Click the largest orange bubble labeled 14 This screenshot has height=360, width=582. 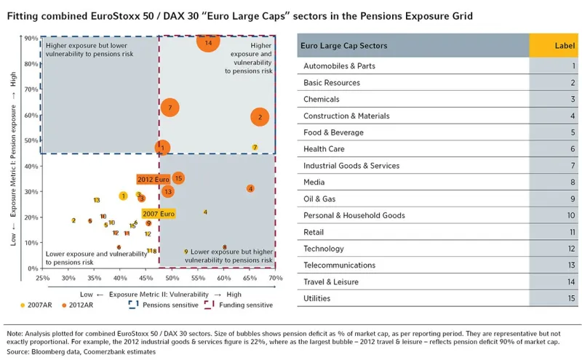pyautogui.click(x=208, y=43)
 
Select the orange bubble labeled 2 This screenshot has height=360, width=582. pyautogui.click(x=260, y=116)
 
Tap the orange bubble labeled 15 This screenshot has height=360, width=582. pyautogui.click(x=178, y=178)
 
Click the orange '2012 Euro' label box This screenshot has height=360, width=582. pyautogui.click(x=153, y=179)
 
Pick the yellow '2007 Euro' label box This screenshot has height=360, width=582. pyautogui.click(x=159, y=214)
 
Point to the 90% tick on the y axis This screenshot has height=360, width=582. pyautogui.click(x=31, y=38)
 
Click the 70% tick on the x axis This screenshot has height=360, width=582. pyautogui.click(x=276, y=278)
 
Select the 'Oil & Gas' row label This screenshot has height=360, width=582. pyautogui.click(x=324, y=199)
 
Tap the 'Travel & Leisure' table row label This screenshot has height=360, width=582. pyautogui.click(x=333, y=281)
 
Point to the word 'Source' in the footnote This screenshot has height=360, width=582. pyautogui.click(x=17, y=351)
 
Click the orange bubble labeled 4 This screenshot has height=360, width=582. pyautogui.click(x=250, y=188)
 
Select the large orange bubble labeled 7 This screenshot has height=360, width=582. pyautogui.click(x=170, y=108)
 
